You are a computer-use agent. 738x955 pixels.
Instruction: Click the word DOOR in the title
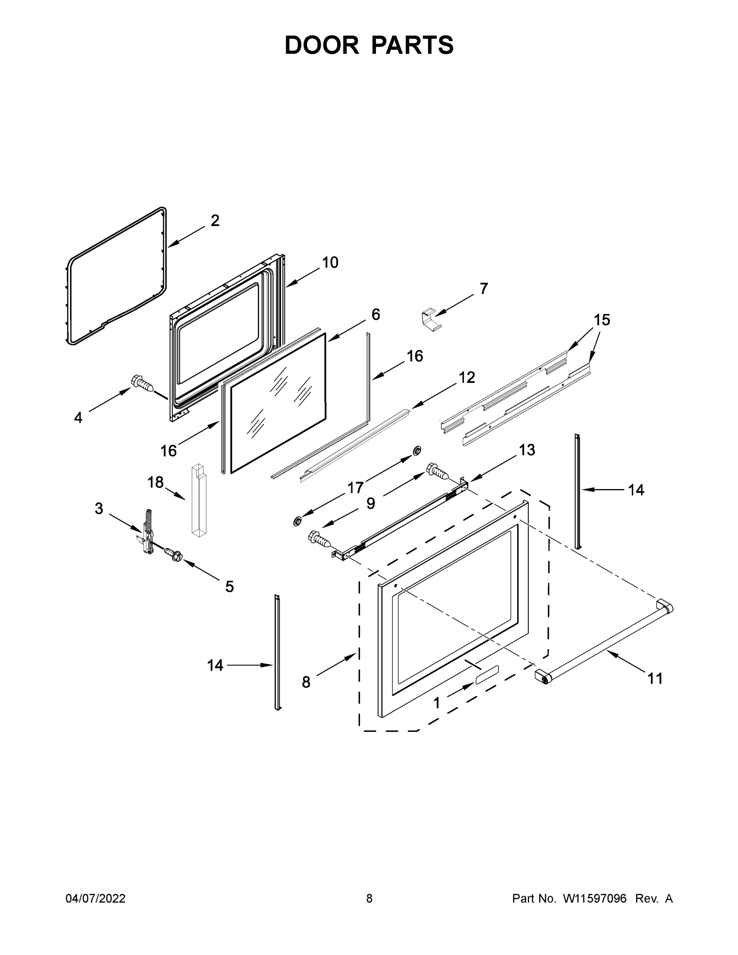(x=321, y=45)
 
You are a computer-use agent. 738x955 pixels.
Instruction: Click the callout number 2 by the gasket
(x=215, y=221)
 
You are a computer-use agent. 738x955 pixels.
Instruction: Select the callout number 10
(x=330, y=262)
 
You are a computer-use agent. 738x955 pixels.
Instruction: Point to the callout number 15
(x=602, y=320)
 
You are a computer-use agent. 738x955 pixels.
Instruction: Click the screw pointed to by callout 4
(x=142, y=384)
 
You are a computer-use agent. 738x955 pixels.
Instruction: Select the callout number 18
(x=155, y=482)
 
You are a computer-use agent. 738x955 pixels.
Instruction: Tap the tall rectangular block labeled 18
(x=199, y=501)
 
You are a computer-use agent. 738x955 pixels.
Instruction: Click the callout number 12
(x=467, y=377)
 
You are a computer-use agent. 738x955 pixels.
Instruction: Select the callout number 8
(x=306, y=682)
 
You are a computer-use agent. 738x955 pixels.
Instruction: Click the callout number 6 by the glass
(x=376, y=314)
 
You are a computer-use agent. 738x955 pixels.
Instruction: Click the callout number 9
(x=370, y=503)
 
